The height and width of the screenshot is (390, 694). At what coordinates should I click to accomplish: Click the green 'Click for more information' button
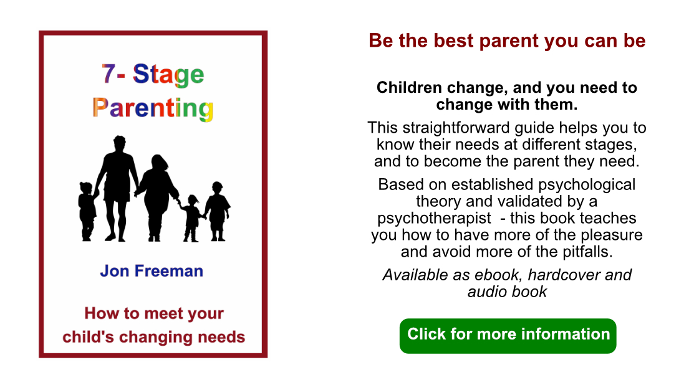click(508, 335)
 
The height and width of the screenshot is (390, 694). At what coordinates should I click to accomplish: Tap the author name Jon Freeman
click(152, 272)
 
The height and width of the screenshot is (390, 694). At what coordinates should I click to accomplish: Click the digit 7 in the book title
click(108, 74)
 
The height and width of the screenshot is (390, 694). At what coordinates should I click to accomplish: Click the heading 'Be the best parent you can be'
click(507, 41)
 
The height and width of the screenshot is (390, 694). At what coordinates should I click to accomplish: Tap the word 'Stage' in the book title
click(169, 75)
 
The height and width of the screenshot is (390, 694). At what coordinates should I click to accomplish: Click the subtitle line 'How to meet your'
click(153, 313)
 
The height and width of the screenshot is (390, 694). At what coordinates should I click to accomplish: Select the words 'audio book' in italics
click(507, 291)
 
